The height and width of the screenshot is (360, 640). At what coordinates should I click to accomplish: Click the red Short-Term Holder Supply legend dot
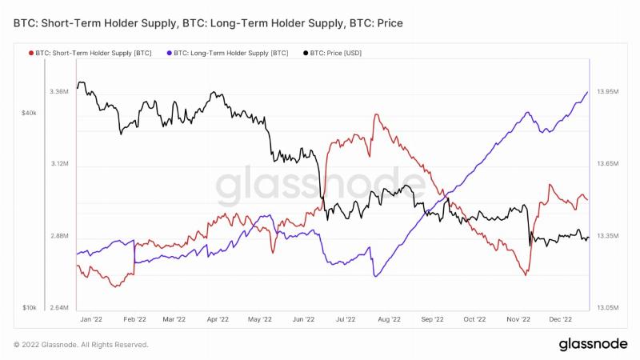click(31, 53)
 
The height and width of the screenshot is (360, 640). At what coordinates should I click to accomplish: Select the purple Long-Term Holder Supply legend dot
click(170, 53)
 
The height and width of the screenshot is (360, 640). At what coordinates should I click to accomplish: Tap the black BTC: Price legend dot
click(306, 53)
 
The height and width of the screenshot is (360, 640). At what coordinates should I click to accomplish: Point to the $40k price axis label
click(29, 113)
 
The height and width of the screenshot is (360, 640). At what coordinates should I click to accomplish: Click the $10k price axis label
click(29, 308)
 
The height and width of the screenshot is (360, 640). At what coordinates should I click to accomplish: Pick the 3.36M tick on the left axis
click(59, 92)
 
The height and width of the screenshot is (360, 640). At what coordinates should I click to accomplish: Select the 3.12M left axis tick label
click(59, 164)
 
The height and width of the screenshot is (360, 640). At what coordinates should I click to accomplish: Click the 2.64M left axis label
click(59, 308)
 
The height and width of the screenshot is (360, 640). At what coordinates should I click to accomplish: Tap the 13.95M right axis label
click(608, 92)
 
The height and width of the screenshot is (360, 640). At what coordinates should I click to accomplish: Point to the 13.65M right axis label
click(608, 164)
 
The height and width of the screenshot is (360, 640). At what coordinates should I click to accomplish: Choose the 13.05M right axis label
click(608, 308)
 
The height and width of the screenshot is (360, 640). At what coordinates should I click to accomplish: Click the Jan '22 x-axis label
click(91, 319)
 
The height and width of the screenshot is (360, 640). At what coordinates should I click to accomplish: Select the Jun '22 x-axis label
click(304, 319)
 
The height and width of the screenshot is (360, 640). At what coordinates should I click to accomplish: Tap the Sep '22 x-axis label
click(432, 319)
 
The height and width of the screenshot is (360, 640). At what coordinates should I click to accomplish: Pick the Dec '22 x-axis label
click(561, 319)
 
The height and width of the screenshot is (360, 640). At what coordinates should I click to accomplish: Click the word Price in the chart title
click(390, 23)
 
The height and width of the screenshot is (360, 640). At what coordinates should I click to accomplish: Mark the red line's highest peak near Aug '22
click(376, 114)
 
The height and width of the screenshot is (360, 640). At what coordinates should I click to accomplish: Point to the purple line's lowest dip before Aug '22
click(375, 276)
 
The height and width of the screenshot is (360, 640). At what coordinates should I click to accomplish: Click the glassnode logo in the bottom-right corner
click(593, 344)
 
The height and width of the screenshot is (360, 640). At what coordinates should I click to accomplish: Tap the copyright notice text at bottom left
click(81, 345)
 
